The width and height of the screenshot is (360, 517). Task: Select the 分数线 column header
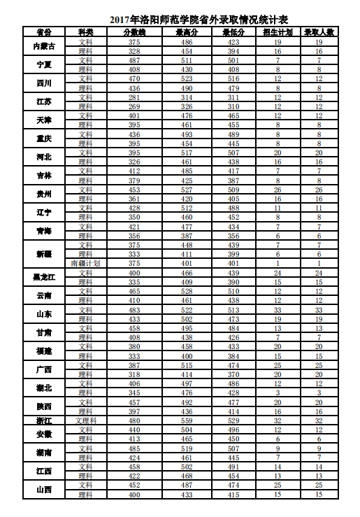point(134,33)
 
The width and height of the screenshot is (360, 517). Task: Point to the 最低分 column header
point(233,33)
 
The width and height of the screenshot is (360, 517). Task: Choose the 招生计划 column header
point(278,33)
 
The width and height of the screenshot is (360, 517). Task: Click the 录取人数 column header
point(319,33)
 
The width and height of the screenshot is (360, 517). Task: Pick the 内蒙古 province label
point(44,46)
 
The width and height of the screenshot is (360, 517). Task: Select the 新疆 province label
point(44,254)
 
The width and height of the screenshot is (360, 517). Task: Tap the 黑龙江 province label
point(44,277)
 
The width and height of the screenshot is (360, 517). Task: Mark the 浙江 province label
point(44,420)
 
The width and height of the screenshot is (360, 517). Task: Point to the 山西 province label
point(44,489)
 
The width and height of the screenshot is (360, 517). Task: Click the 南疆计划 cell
point(85,263)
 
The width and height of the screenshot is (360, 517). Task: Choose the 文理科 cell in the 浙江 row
point(85,420)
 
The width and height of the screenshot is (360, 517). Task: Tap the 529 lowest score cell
point(233,420)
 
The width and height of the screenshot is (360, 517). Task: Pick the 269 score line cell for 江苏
point(134,106)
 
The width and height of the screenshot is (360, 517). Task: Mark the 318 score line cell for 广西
point(134,374)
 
